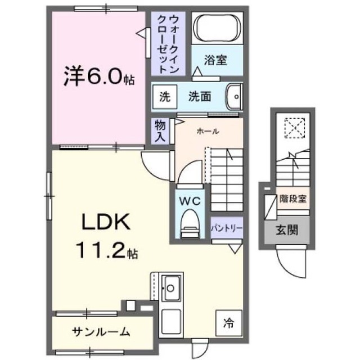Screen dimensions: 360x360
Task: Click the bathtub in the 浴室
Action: [217, 28]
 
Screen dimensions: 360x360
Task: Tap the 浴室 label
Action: [215, 60]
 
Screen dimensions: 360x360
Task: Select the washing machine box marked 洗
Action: [165, 97]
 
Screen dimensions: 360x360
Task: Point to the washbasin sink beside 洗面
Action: [234, 97]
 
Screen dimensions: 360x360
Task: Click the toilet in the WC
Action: [190, 224]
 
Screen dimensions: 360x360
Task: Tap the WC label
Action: [190, 201]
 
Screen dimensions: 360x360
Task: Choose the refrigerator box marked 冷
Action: [229, 323]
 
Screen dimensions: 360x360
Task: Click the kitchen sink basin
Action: [170, 288]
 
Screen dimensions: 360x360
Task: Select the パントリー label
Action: [227, 228]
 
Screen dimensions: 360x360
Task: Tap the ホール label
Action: [208, 131]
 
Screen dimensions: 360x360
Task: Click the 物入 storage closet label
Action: [160, 131]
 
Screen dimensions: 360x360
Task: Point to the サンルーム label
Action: [101, 332]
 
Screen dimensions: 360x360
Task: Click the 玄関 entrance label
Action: [287, 229]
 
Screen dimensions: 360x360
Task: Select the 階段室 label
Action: [292, 199]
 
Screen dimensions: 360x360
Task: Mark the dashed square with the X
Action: [295, 128]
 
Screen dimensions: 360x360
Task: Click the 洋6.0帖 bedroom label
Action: [99, 76]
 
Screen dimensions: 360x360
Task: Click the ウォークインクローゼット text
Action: [168, 44]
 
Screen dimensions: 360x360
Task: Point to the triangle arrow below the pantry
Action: [235, 249]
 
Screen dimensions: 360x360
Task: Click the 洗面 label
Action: [200, 96]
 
